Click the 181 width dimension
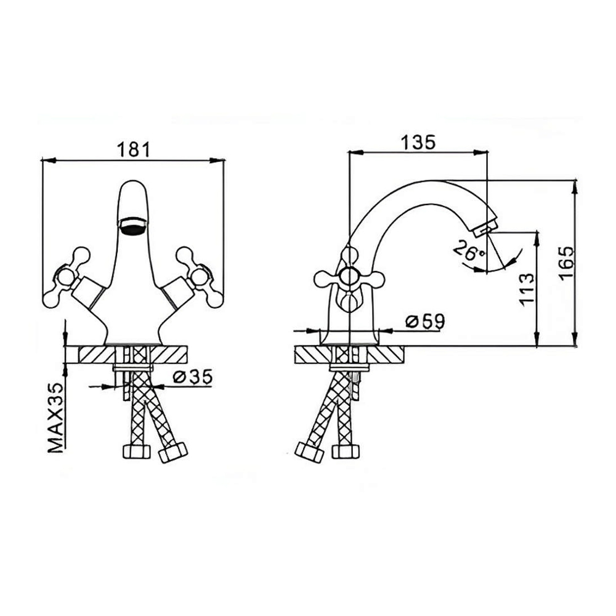pyautogui.click(x=134, y=150)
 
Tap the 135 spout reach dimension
pyautogui.click(x=418, y=142)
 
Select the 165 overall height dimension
pyautogui.click(x=567, y=263)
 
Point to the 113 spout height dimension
pyautogui.click(x=527, y=289)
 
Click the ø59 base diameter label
pyautogui.click(x=425, y=322)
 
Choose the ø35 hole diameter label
pyautogui.click(x=192, y=377)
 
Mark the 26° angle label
pyautogui.click(x=469, y=251)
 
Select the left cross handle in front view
pyautogui.click(x=67, y=277)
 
